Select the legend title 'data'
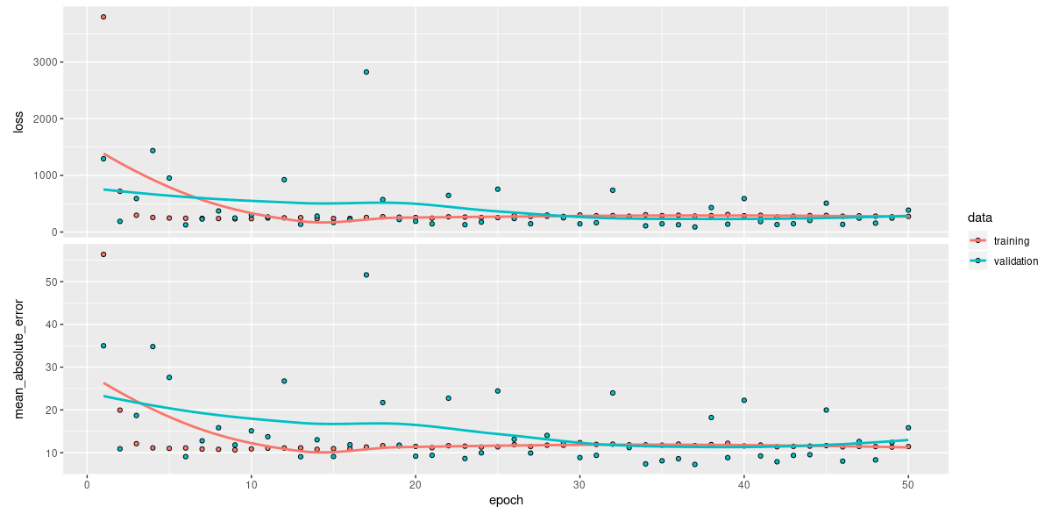click(x=979, y=216)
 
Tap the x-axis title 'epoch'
click(x=506, y=501)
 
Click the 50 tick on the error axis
click(x=52, y=282)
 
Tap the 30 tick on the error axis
click(x=52, y=367)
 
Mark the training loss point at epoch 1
click(x=103, y=17)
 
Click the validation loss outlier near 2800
click(x=366, y=72)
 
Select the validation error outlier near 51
click(x=366, y=275)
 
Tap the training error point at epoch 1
click(x=103, y=254)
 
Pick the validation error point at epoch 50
click(x=908, y=428)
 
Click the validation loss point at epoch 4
click(x=153, y=151)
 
